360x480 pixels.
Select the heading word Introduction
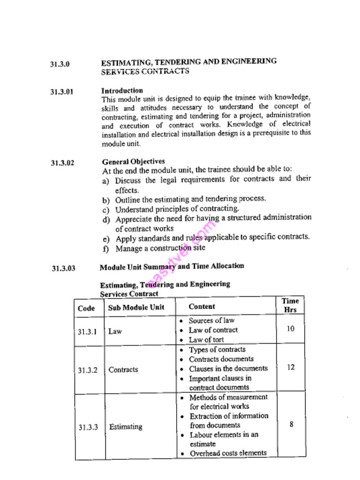coord(122,90)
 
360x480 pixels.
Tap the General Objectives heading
coord(134,162)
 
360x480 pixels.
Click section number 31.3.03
coord(63,269)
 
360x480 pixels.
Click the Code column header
coord(86,308)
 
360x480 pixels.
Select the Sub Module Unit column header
coord(136,308)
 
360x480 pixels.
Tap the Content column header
coord(202,307)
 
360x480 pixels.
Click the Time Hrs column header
coord(290,305)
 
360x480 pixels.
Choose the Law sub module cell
coord(115,331)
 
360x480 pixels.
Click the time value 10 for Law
coord(291,329)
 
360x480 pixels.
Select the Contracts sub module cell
coord(123,369)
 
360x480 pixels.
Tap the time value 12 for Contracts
coord(291,367)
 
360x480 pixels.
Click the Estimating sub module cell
coord(126,427)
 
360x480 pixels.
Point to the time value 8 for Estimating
coord(292,425)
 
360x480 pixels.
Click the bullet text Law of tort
coord(206,340)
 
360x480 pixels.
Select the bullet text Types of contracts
coord(217,350)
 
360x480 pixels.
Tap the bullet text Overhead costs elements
coord(228,453)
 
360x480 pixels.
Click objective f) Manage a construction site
coord(160,248)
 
